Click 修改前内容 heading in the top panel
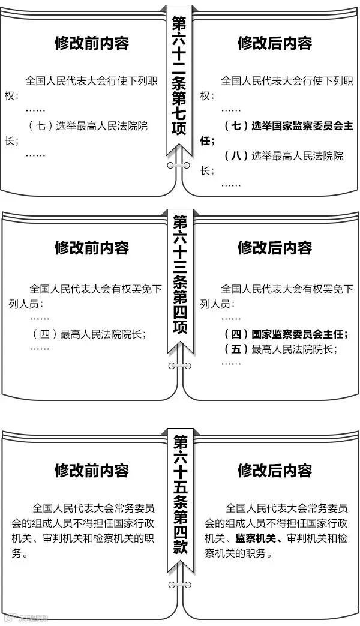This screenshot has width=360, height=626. [91, 43]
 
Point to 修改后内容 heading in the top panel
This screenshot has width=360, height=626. [275, 43]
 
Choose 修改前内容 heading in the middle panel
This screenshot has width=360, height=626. [91, 248]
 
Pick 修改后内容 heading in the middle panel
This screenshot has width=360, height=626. [275, 248]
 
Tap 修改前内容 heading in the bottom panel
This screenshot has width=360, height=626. [91, 469]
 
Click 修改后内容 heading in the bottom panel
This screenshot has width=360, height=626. [275, 469]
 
